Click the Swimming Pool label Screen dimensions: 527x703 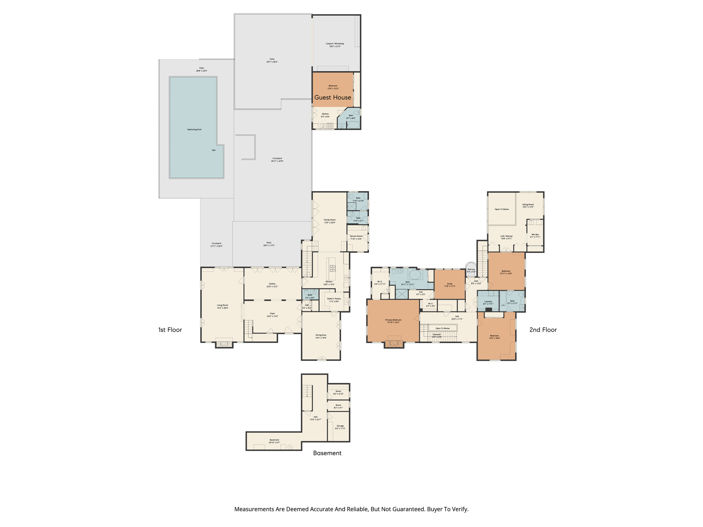pos(194,130)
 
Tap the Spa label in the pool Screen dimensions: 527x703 pos(214,150)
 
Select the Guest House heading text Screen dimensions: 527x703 pos(333,97)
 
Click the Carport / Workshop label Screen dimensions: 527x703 pos(335,45)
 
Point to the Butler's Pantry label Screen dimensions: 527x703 pos(334,300)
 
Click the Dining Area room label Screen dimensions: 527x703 pos(321,336)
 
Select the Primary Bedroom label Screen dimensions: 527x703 pos(393,321)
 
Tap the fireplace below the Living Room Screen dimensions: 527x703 pos(224,344)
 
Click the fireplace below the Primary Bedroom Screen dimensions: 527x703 pos(394,343)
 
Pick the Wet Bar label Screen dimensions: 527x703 pos(535,236)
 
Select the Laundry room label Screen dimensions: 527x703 pos(488,302)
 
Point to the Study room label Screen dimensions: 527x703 pos(449,285)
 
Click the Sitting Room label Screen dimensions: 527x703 pos(528,206)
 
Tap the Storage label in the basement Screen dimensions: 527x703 pos(340,427)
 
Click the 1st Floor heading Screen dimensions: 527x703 pos(170,330)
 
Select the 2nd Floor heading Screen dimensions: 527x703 pos(543,330)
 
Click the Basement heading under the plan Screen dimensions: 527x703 pos(327,453)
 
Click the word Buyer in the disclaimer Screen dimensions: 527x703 pos(435,509)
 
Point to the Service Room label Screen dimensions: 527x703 pos(356,237)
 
